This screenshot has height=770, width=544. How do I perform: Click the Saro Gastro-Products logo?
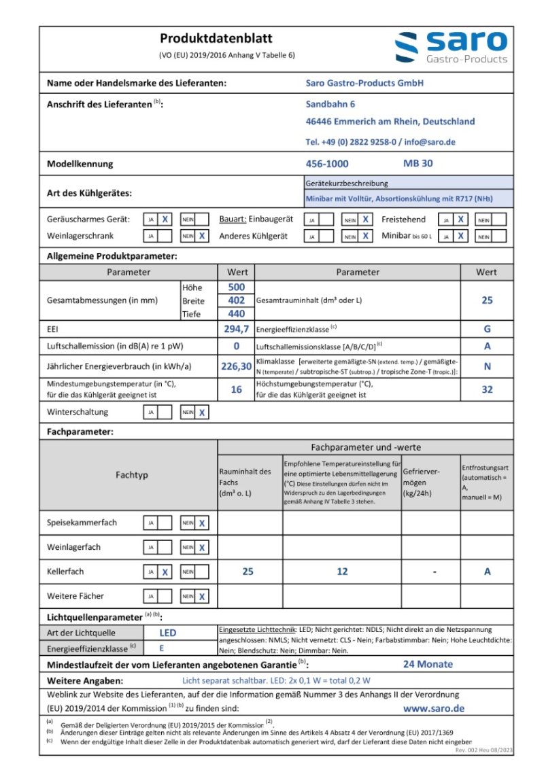coord(451,48)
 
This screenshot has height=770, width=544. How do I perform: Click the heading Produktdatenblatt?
coord(216,39)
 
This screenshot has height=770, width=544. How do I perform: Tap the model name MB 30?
coord(418,164)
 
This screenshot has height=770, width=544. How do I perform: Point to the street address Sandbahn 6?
coord(330,104)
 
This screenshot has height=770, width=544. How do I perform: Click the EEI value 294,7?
coord(236,329)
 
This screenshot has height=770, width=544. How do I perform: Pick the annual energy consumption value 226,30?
coord(236,366)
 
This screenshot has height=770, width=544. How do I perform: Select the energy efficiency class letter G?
coord(487,329)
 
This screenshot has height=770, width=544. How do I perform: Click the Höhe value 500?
coord(236,287)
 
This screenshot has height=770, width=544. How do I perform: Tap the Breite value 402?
coord(236,300)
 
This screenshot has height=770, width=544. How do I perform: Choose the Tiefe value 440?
coord(236,313)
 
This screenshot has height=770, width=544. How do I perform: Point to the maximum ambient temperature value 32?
coord(487,390)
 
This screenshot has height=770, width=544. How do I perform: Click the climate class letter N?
coord(487,366)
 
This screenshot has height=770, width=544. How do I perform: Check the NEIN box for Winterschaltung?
coord(201,413)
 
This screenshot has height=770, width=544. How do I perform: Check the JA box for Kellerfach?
coord(164,572)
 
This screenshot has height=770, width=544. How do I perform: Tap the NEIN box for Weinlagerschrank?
coord(201,237)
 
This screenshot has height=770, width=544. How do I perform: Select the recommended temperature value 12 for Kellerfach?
coord(342,572)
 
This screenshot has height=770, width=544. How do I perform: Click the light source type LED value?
coord(167,633)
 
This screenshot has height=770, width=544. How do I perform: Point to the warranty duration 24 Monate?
coord(428,664)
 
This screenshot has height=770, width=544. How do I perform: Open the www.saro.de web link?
coord(434,708)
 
